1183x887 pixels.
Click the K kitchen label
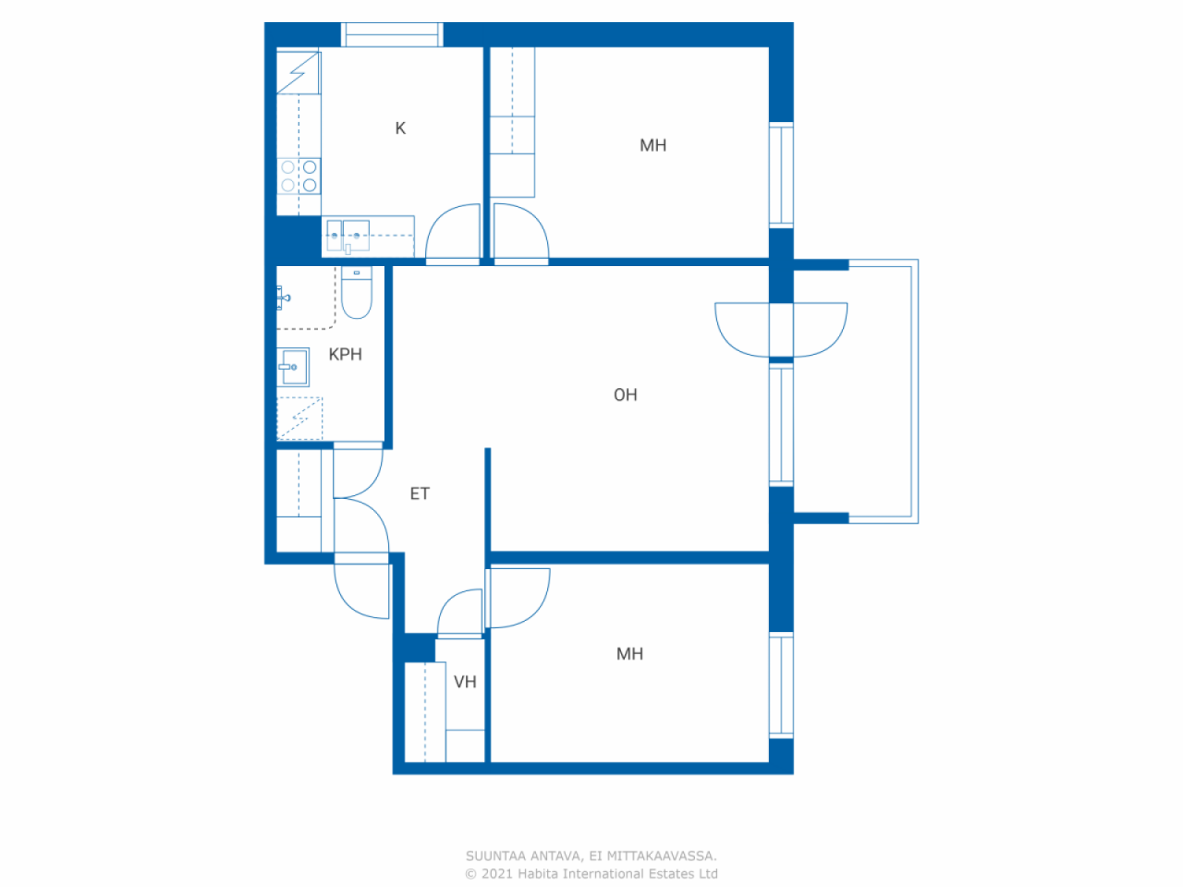click(400, 128)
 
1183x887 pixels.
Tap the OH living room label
click(625, 395)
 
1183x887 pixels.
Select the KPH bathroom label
click(345, 355)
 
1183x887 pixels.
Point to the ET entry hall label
click(420, 493)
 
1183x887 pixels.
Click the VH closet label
click(465, 682)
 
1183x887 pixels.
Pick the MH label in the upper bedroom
click(652, 145)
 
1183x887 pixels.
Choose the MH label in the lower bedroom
click(629, 654)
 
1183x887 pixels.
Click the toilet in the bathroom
click(356, 293)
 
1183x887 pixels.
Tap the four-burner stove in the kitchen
click(299, 176)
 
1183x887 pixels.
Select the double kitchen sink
click(348, 236)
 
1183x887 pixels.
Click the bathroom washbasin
click(293, 368)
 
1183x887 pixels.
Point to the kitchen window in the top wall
click(392, 34)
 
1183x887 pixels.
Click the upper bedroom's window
click(781, 175)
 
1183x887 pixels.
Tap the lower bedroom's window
click(781, 685)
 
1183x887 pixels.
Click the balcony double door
click(781, 330)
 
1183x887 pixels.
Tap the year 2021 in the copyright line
click(494, 873)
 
